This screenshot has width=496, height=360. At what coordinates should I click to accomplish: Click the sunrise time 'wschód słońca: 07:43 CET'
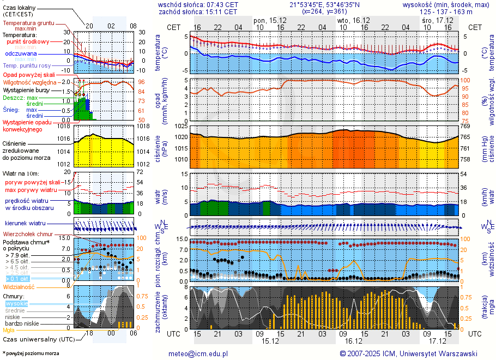(x=197, y=4)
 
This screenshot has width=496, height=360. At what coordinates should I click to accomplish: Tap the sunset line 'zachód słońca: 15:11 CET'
(x=197, y=11)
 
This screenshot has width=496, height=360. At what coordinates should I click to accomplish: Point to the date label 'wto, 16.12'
(x=354, y=20)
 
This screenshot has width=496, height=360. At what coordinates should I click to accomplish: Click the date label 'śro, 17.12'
(x=434, y=20)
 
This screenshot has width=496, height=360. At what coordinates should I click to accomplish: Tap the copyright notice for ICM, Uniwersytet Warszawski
(x=408, y=353)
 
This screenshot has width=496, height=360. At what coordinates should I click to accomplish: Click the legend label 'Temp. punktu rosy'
(x=27, y=65)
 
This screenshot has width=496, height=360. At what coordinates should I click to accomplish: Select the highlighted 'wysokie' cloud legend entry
(x=16, y=303)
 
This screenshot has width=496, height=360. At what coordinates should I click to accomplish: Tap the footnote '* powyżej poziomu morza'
(x=30, y=353)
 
